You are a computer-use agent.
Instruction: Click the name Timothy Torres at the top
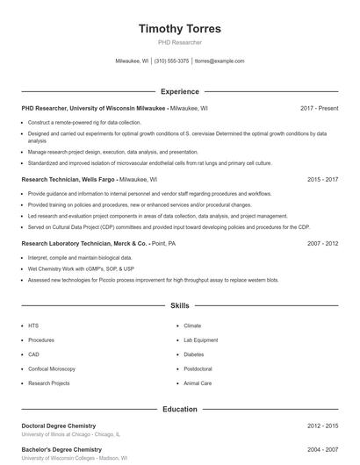[180, 28]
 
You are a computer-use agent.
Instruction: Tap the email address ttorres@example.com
[220, 61]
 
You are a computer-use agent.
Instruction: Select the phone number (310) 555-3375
[171, 61]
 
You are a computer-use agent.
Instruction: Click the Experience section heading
[180, 91]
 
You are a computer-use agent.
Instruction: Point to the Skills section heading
[180, 306]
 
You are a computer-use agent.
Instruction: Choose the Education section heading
[180, 409]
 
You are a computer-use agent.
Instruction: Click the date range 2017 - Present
[319, 109]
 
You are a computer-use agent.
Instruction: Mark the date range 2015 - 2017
[322, 179]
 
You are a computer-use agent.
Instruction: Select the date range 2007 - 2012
[322, 243]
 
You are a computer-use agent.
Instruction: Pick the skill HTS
[33, 325]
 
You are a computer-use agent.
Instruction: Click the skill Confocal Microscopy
[52, 368]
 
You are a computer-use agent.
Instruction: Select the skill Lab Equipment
[200, 340]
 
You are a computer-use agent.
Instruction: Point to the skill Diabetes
[193, 354]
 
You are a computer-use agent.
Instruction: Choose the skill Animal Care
[197, 383]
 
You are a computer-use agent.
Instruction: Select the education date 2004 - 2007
[322, 449]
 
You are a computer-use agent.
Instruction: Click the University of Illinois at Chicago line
[71, 434]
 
